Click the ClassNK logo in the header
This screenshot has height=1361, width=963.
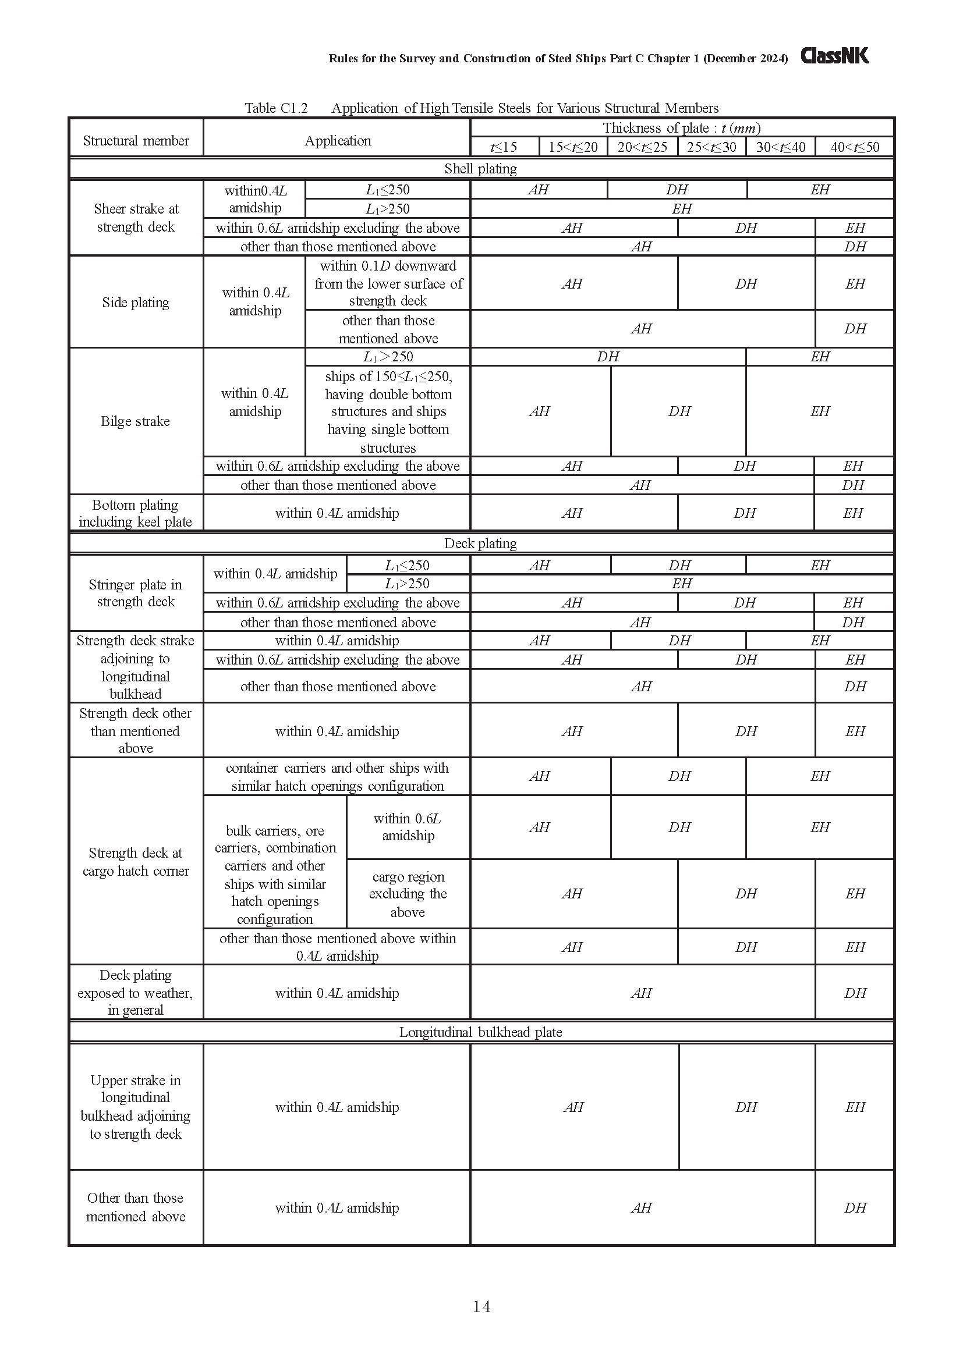click(834, 56)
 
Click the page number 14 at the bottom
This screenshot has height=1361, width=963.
click(481, 1306)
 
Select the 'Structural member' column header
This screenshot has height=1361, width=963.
click(136, 140)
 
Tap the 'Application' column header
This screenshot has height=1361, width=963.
click(338, 140)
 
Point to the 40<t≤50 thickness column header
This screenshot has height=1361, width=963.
click(855, 147)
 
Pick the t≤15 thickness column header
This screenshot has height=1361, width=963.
click(504, 147)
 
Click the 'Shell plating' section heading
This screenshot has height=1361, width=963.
click(480, 168)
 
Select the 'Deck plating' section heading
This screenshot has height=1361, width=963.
click(480, 543)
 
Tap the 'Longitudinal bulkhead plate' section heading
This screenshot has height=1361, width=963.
click(480, 1032)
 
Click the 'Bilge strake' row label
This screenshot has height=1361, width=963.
click(135, 421)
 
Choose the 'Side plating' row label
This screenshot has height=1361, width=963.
click(136, 303)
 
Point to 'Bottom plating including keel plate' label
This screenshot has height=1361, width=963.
click(135, 513)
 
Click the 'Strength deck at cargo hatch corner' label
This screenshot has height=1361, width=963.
click(136, 861)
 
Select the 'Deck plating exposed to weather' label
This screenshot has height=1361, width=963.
click(135, 992)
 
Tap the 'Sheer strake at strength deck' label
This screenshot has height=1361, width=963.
click(136, 218)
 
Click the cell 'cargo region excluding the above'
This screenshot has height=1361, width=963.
click(408, 894)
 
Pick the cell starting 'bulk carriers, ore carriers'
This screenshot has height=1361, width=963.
click(275, 875)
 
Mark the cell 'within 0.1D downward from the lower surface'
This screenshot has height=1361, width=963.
click(388, 283)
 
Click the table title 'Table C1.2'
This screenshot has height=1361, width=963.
click(276, 108)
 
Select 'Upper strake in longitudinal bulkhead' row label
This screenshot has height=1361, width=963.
click(136, 1107)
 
